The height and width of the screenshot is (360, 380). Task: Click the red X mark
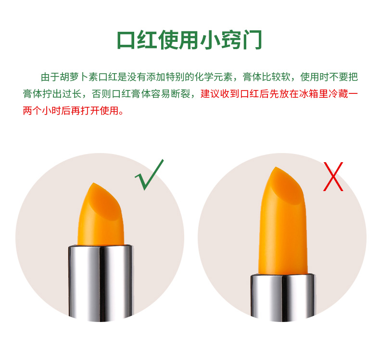click(333, 177)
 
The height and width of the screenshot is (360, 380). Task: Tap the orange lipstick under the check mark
click(101, 214)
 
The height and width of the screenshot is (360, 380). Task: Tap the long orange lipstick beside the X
click(282, 220)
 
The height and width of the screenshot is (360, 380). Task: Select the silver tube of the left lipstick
click(101, 283)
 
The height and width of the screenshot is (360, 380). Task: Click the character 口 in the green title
click(126, 40)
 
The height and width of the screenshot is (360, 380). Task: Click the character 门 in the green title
click(253, 40)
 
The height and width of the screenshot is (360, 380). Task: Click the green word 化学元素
click(214, 77)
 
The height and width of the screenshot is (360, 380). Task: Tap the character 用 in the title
click(189, 40)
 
